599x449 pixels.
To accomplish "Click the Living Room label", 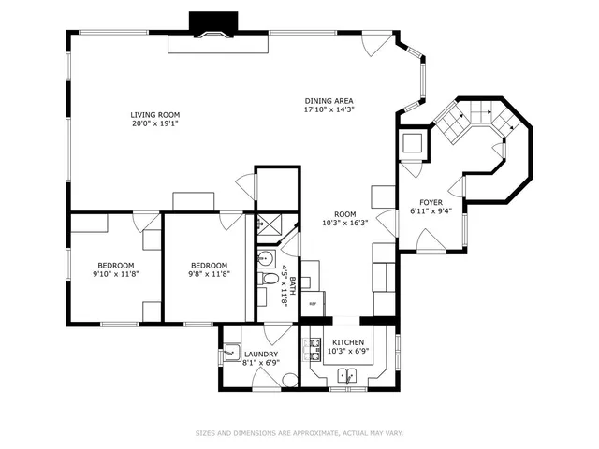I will click(154, 114).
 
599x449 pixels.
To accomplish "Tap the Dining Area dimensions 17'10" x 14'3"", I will click(329, 109).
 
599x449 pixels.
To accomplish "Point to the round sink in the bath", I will click(263, 258).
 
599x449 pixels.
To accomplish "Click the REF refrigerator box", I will click(313, 304).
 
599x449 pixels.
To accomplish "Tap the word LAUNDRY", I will click(261, 354).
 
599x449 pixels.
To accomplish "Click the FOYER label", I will click(431, 202).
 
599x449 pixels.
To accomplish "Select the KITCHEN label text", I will click(347, 343).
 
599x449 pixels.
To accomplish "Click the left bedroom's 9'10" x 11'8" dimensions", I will click(115, 274).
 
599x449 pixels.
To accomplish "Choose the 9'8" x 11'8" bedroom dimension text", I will click(204, 274).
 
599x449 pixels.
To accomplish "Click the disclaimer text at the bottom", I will click(299, 433).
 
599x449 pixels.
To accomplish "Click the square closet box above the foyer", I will click(413, 143).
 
